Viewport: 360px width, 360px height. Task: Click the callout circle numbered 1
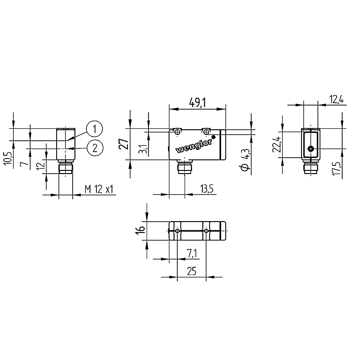[95, 128]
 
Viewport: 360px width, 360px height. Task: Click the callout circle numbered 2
[95, 148]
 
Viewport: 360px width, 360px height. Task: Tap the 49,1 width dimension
[197, 102]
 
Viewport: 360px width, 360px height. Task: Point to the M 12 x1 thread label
[99, 190]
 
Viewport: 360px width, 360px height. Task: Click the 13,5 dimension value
[207, 189]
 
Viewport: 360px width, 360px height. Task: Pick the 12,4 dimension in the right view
[337, 100]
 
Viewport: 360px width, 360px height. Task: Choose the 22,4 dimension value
[277, 144]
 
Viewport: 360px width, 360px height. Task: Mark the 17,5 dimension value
[337, 169]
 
